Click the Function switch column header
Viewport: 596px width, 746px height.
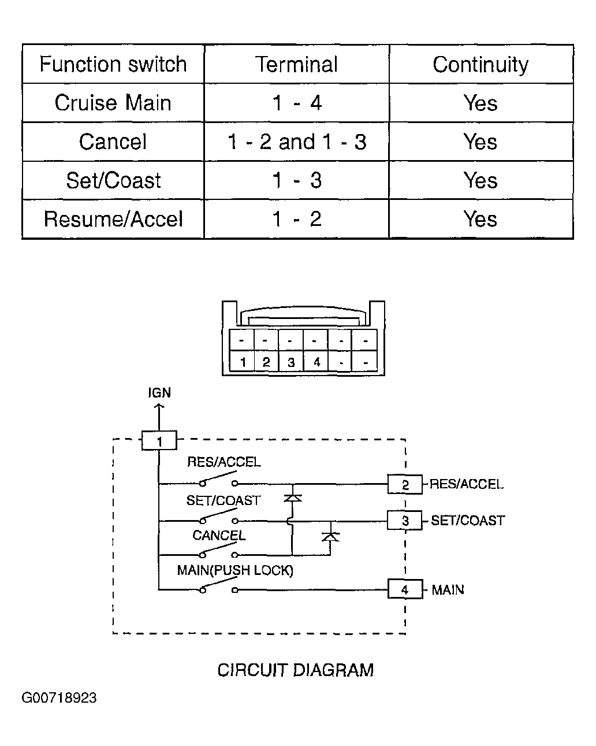[x=113, y=64]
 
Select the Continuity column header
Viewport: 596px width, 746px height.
[x=480, y=65]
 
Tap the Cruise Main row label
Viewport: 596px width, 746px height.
[x=113, y=103]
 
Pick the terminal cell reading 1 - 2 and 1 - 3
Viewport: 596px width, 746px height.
[x=297, y=142]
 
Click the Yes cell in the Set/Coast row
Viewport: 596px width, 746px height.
[x=480, y=180]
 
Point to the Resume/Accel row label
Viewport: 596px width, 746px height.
[x=113, y=219]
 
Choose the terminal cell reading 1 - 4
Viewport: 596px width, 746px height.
[x=297, y=103]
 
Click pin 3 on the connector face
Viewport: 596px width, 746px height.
[x=291, y=362]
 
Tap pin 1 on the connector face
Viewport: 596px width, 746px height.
[x=243, y=362]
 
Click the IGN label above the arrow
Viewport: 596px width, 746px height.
[x=159, y=392]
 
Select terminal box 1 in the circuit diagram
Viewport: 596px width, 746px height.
[x=159, y=440]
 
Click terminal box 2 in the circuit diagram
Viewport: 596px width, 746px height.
[x=405, y=484]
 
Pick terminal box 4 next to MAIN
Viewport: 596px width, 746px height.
[x=405, y=589]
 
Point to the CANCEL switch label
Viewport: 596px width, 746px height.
[x=219, y=535]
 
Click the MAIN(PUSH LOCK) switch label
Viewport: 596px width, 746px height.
[x=235, y=570]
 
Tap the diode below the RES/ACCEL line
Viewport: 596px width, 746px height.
[x=293, y=498]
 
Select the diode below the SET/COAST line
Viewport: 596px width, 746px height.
[x=330, y=537]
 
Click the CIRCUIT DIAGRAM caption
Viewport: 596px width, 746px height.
[x=296, y=670]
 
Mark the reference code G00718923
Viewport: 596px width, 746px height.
[x=59, y=698]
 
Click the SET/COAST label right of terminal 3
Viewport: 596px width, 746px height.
[x=468, y=520]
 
